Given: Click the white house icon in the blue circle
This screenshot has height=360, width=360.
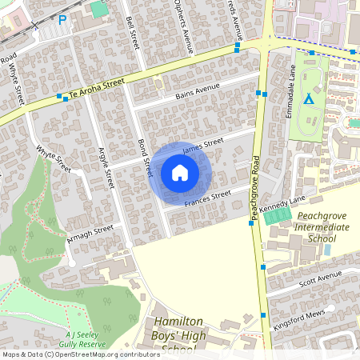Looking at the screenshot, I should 179,172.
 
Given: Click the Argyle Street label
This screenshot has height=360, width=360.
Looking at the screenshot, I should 105,167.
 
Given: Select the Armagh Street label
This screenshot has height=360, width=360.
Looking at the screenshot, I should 91,230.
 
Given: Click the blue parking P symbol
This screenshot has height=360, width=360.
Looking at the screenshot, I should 62,20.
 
